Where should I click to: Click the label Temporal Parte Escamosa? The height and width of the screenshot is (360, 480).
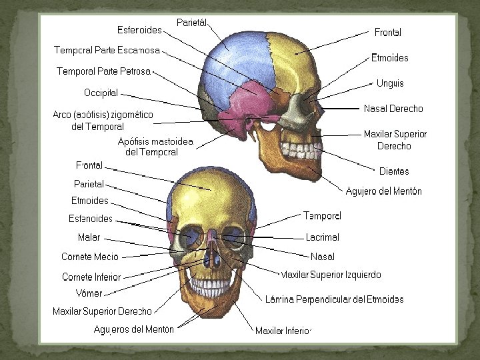coord(107,50)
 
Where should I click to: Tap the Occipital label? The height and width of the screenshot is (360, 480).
coord(101,92)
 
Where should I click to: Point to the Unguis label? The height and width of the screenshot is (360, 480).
coord(390,83)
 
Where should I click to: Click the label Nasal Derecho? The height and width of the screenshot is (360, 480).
coord(393,108)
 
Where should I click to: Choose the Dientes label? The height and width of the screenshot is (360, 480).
coord(394,171)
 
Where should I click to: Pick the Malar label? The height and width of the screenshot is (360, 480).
coord(89,237)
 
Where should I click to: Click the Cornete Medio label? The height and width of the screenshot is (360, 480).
coord(90,257)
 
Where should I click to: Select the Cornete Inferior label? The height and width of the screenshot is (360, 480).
coord(91,277)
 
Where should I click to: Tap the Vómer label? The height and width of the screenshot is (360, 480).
coord(89,293)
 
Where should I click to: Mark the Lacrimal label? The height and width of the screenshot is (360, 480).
coord(323,237)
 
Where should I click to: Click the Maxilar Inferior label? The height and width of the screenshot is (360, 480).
coord(283,331)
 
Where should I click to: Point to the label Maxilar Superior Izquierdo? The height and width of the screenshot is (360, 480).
coord(331,275)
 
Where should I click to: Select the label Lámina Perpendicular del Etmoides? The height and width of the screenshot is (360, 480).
coord(334,299)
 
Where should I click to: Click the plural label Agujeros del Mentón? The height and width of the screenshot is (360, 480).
coord(134,329)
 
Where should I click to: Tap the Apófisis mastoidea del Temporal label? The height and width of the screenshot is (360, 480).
coord(155,147)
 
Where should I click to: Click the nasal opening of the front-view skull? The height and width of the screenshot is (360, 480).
coord(211,257)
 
